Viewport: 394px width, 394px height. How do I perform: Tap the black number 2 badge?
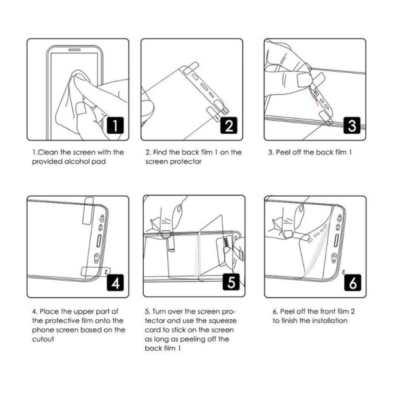229,126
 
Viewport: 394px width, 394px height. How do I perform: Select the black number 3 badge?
352,126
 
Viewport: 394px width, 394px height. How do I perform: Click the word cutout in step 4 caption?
43,339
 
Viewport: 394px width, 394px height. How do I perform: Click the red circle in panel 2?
225,111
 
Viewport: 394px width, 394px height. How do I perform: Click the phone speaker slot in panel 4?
99,241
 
